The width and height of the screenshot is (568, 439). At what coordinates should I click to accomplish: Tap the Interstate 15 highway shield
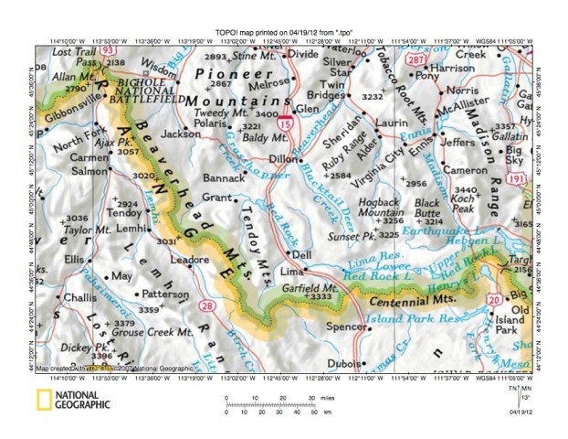click(x=286, y=119)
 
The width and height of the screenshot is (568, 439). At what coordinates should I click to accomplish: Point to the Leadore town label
click(x=189, y=260)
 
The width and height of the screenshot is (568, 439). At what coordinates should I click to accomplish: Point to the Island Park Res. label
click(x=401, y=318)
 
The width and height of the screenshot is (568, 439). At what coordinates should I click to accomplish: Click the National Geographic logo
click(x=73, y=399)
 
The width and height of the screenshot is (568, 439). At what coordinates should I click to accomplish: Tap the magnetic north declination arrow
click(x=521, y=391)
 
